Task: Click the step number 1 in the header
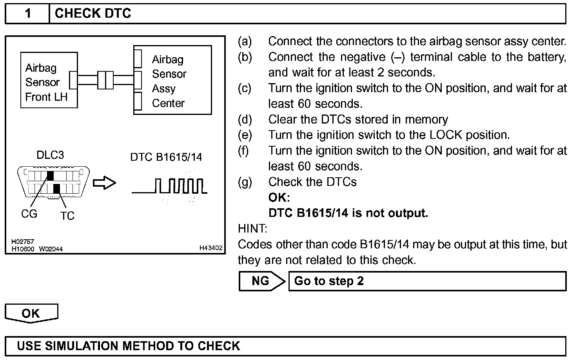27,14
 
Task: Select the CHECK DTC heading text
93,14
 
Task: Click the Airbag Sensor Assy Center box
172,80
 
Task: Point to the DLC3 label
50,155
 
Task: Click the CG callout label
29,214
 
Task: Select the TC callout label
67,216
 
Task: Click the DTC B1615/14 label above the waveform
166,157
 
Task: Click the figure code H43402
211,248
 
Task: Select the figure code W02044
51,249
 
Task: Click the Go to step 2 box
427,281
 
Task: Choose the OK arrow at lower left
31,313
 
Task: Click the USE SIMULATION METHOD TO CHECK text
129,346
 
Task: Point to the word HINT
252,228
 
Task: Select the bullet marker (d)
245,120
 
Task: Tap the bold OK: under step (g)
279,197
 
